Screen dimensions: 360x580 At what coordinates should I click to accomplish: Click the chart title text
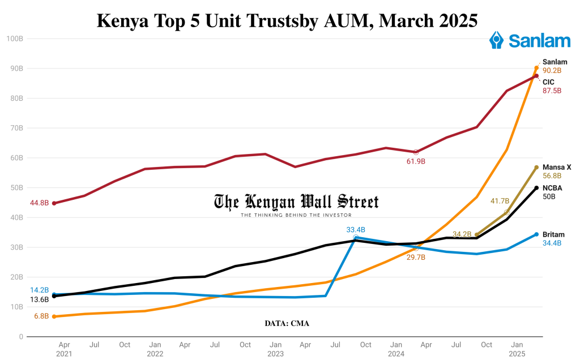coord(287,20)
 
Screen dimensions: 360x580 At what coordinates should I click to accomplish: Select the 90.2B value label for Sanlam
coord(552,71)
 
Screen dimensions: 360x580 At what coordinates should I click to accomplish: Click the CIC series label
coord(548,82)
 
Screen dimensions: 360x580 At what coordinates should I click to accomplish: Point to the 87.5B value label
coord(552,91)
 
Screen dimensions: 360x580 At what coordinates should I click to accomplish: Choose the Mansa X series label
coord(556,167)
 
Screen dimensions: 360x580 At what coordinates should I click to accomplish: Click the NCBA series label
coord(552,187)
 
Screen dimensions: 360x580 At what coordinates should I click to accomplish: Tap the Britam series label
coord(553,234)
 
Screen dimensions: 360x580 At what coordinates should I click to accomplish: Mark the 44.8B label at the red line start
coord(39,203)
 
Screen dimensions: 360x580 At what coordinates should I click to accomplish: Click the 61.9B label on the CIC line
coord(416,161)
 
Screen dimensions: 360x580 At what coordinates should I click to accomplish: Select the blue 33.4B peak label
coord(356,230)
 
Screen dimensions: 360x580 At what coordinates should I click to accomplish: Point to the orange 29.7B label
coord(416,257)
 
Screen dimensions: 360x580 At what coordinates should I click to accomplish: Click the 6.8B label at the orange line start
coord(41,316)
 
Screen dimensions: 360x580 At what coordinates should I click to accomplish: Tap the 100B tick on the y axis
coord(14,38)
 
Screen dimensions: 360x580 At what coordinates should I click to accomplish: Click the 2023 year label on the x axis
coord(275,354)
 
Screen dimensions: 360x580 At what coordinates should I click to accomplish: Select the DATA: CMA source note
coord(287,323)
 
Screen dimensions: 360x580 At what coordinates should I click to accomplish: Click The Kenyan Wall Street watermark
coord(296,203)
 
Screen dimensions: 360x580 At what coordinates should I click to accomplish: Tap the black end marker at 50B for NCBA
coord(536,188)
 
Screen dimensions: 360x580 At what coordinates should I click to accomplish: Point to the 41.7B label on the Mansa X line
coord(500,201)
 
